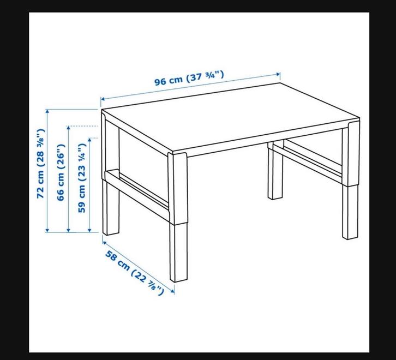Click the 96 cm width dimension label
click(189, 79)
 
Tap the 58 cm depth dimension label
click(135, 273)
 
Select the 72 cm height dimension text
click(41, 164)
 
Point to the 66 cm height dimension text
click(61, 172)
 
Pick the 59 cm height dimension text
click(82, 178)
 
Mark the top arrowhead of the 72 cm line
click(47, 111)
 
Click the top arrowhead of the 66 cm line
click(68, 128)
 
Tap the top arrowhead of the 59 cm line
click(89, 140)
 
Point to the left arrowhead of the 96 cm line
click(103, 99)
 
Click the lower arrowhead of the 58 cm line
click(172, 291)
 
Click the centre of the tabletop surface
click(231, 117)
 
